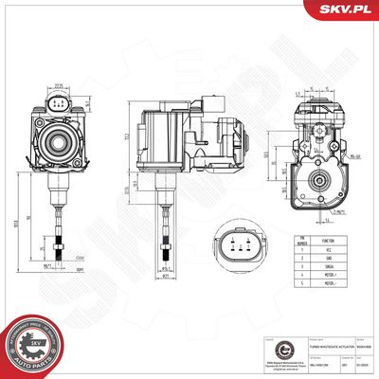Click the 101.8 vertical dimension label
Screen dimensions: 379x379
[x=23, y=224]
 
